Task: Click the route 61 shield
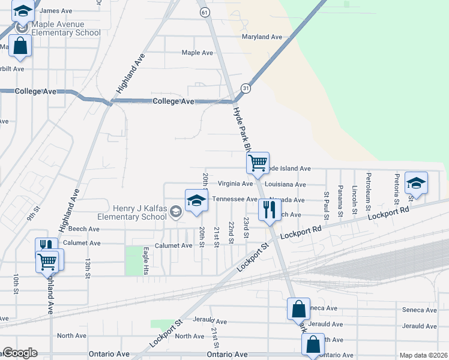[x=205, y=12]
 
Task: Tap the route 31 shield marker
[x=246, y=88]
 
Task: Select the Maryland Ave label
[x=262, y=37]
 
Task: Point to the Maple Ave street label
[x=197, y=53]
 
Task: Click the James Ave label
[x=56, y=11]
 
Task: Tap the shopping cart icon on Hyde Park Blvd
[x=258, y=162]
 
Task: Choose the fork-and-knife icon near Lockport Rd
[x=269, y=209]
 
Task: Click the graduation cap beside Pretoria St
[x=416, y=182]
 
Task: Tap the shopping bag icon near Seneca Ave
[x=298, y=309]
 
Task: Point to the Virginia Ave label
[x=235, y=184]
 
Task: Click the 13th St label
[x=88, y=268]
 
